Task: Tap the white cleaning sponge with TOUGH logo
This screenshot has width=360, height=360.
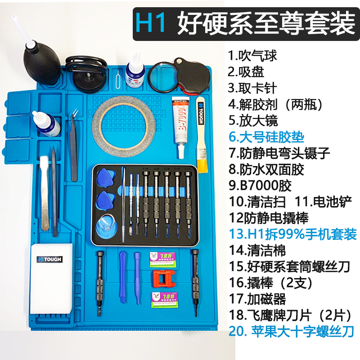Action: coord(50,279)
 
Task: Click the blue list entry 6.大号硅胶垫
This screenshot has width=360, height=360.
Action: coord(266,137)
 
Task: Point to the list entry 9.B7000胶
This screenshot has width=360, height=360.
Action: coord(261,185)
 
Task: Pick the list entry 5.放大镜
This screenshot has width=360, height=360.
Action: coord(253,121)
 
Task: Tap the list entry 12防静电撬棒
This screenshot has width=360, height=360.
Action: coord(269,218)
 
